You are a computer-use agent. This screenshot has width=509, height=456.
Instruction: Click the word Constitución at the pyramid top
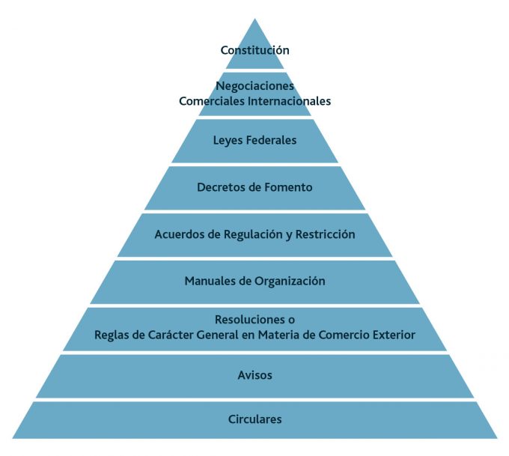(254, 50)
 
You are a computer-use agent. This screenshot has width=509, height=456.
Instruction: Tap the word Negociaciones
(254, 86)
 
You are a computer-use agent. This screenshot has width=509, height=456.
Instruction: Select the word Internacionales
(289, 101)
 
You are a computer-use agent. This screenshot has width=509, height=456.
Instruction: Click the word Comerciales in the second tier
(212, 101)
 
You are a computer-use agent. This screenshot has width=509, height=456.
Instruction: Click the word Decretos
(221, 187)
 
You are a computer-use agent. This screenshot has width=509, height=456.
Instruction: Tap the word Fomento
(288, 187)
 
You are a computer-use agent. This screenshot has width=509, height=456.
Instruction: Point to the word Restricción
(325, 234)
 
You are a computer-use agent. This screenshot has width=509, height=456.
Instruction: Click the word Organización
(290, 282)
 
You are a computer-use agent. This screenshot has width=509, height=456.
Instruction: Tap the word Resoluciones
(250, 320)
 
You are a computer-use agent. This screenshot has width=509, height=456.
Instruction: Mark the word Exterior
(394, 335)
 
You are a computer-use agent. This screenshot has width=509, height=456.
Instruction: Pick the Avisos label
(254, 375)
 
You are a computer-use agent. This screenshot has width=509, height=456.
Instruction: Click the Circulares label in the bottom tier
(254, 419)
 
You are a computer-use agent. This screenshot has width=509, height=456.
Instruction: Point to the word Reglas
(112, 335)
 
